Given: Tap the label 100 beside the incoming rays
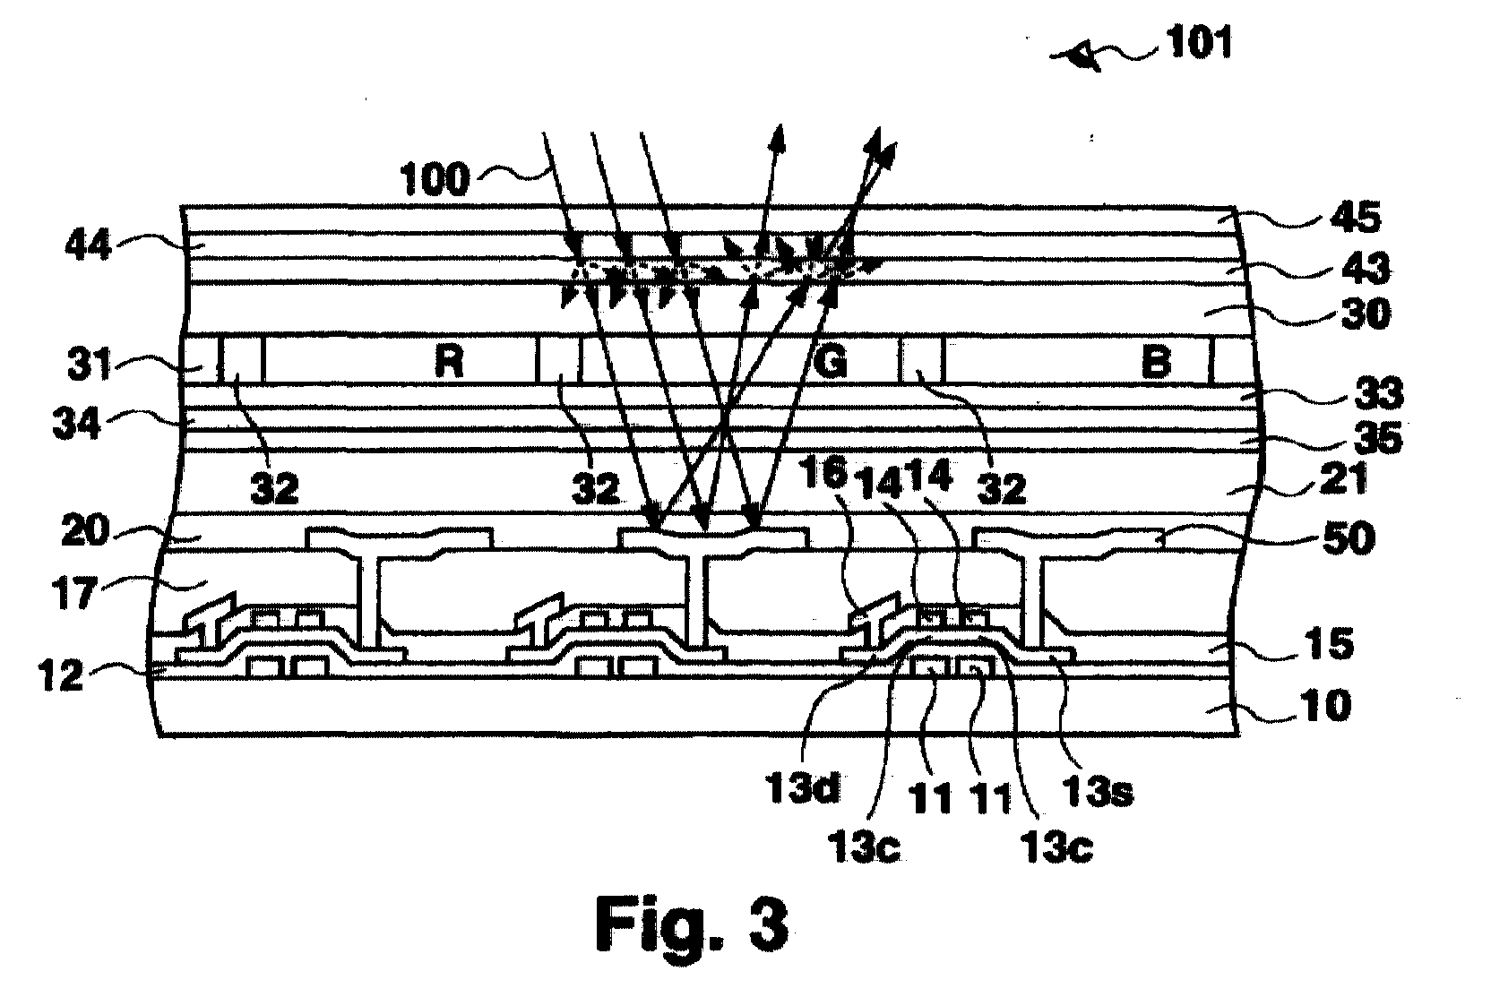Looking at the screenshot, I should (435, 179).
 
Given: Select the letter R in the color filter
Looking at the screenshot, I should (447, 364).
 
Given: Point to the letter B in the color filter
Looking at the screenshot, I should (1157, 364).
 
